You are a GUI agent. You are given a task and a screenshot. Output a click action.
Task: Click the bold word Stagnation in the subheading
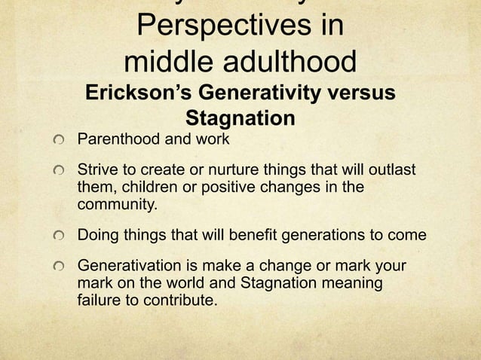click(x=240, y=119)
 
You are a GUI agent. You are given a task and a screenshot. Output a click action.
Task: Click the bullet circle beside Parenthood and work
click(x=60, y=141)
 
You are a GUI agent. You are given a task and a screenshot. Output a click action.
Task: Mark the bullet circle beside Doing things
click(x=60, y=236)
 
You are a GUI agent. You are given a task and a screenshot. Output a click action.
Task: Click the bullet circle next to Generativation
click(x=60, y=267)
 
